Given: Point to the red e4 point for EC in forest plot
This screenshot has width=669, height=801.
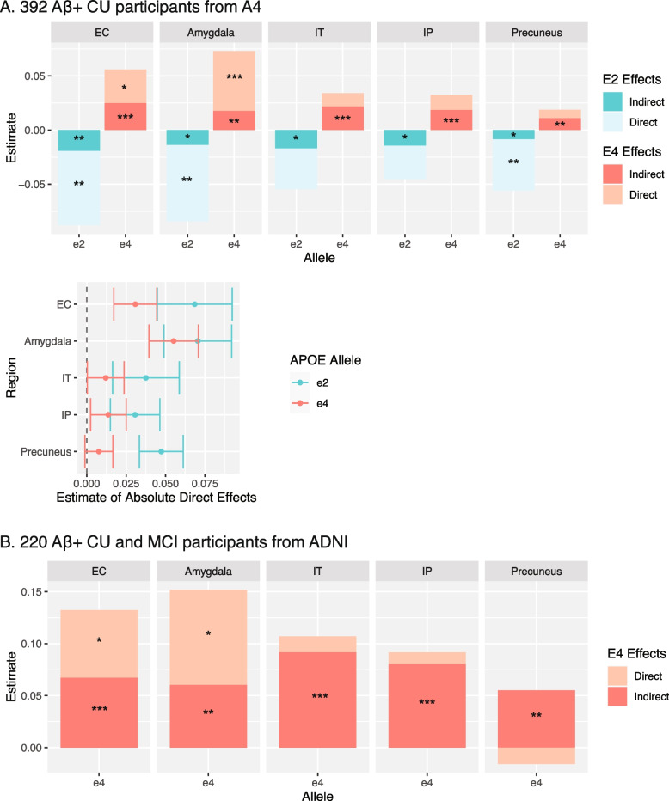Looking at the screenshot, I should pos(135,304).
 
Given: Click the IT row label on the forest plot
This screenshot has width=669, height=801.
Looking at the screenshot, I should pos(67,377).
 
